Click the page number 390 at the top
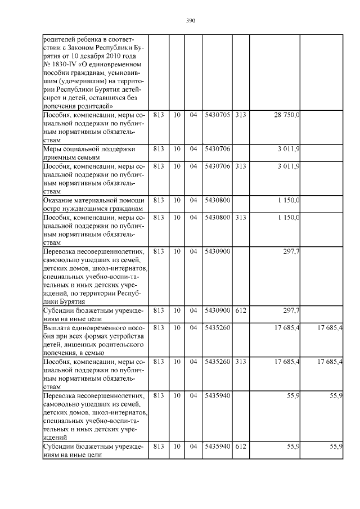tap(190, 21)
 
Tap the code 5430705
tap(217, 115)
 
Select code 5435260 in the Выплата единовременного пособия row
tap(217, 327)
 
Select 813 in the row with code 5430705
tap(158, 115)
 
